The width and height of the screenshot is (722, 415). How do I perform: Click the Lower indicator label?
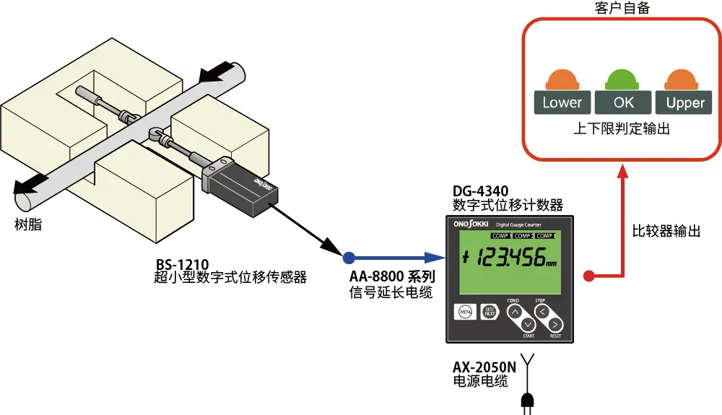562,102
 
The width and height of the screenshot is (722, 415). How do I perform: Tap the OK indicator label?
624,102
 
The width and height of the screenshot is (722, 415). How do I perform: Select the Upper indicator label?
684,102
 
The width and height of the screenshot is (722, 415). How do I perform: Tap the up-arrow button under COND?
513,312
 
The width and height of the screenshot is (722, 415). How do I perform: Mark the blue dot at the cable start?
348,256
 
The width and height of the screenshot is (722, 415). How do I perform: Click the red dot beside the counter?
588,275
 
